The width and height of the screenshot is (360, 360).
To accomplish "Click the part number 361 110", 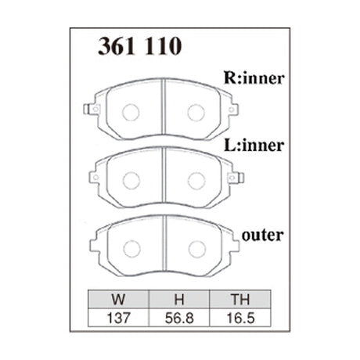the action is [139, 46].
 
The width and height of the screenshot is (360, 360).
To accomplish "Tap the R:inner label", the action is [254, 77].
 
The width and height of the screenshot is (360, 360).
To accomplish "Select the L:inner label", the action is [254, 146].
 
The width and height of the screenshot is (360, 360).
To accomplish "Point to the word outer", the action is [262, 236].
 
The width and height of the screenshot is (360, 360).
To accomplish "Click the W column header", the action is [118, 299].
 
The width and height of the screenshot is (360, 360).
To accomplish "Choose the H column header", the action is [179, 299].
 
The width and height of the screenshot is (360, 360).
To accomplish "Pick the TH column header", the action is [240, 299].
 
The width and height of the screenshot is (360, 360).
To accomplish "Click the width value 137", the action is [118, 318].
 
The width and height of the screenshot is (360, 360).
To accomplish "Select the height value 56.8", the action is [179, 318].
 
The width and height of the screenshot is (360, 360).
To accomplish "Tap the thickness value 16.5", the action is [240, 318].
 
